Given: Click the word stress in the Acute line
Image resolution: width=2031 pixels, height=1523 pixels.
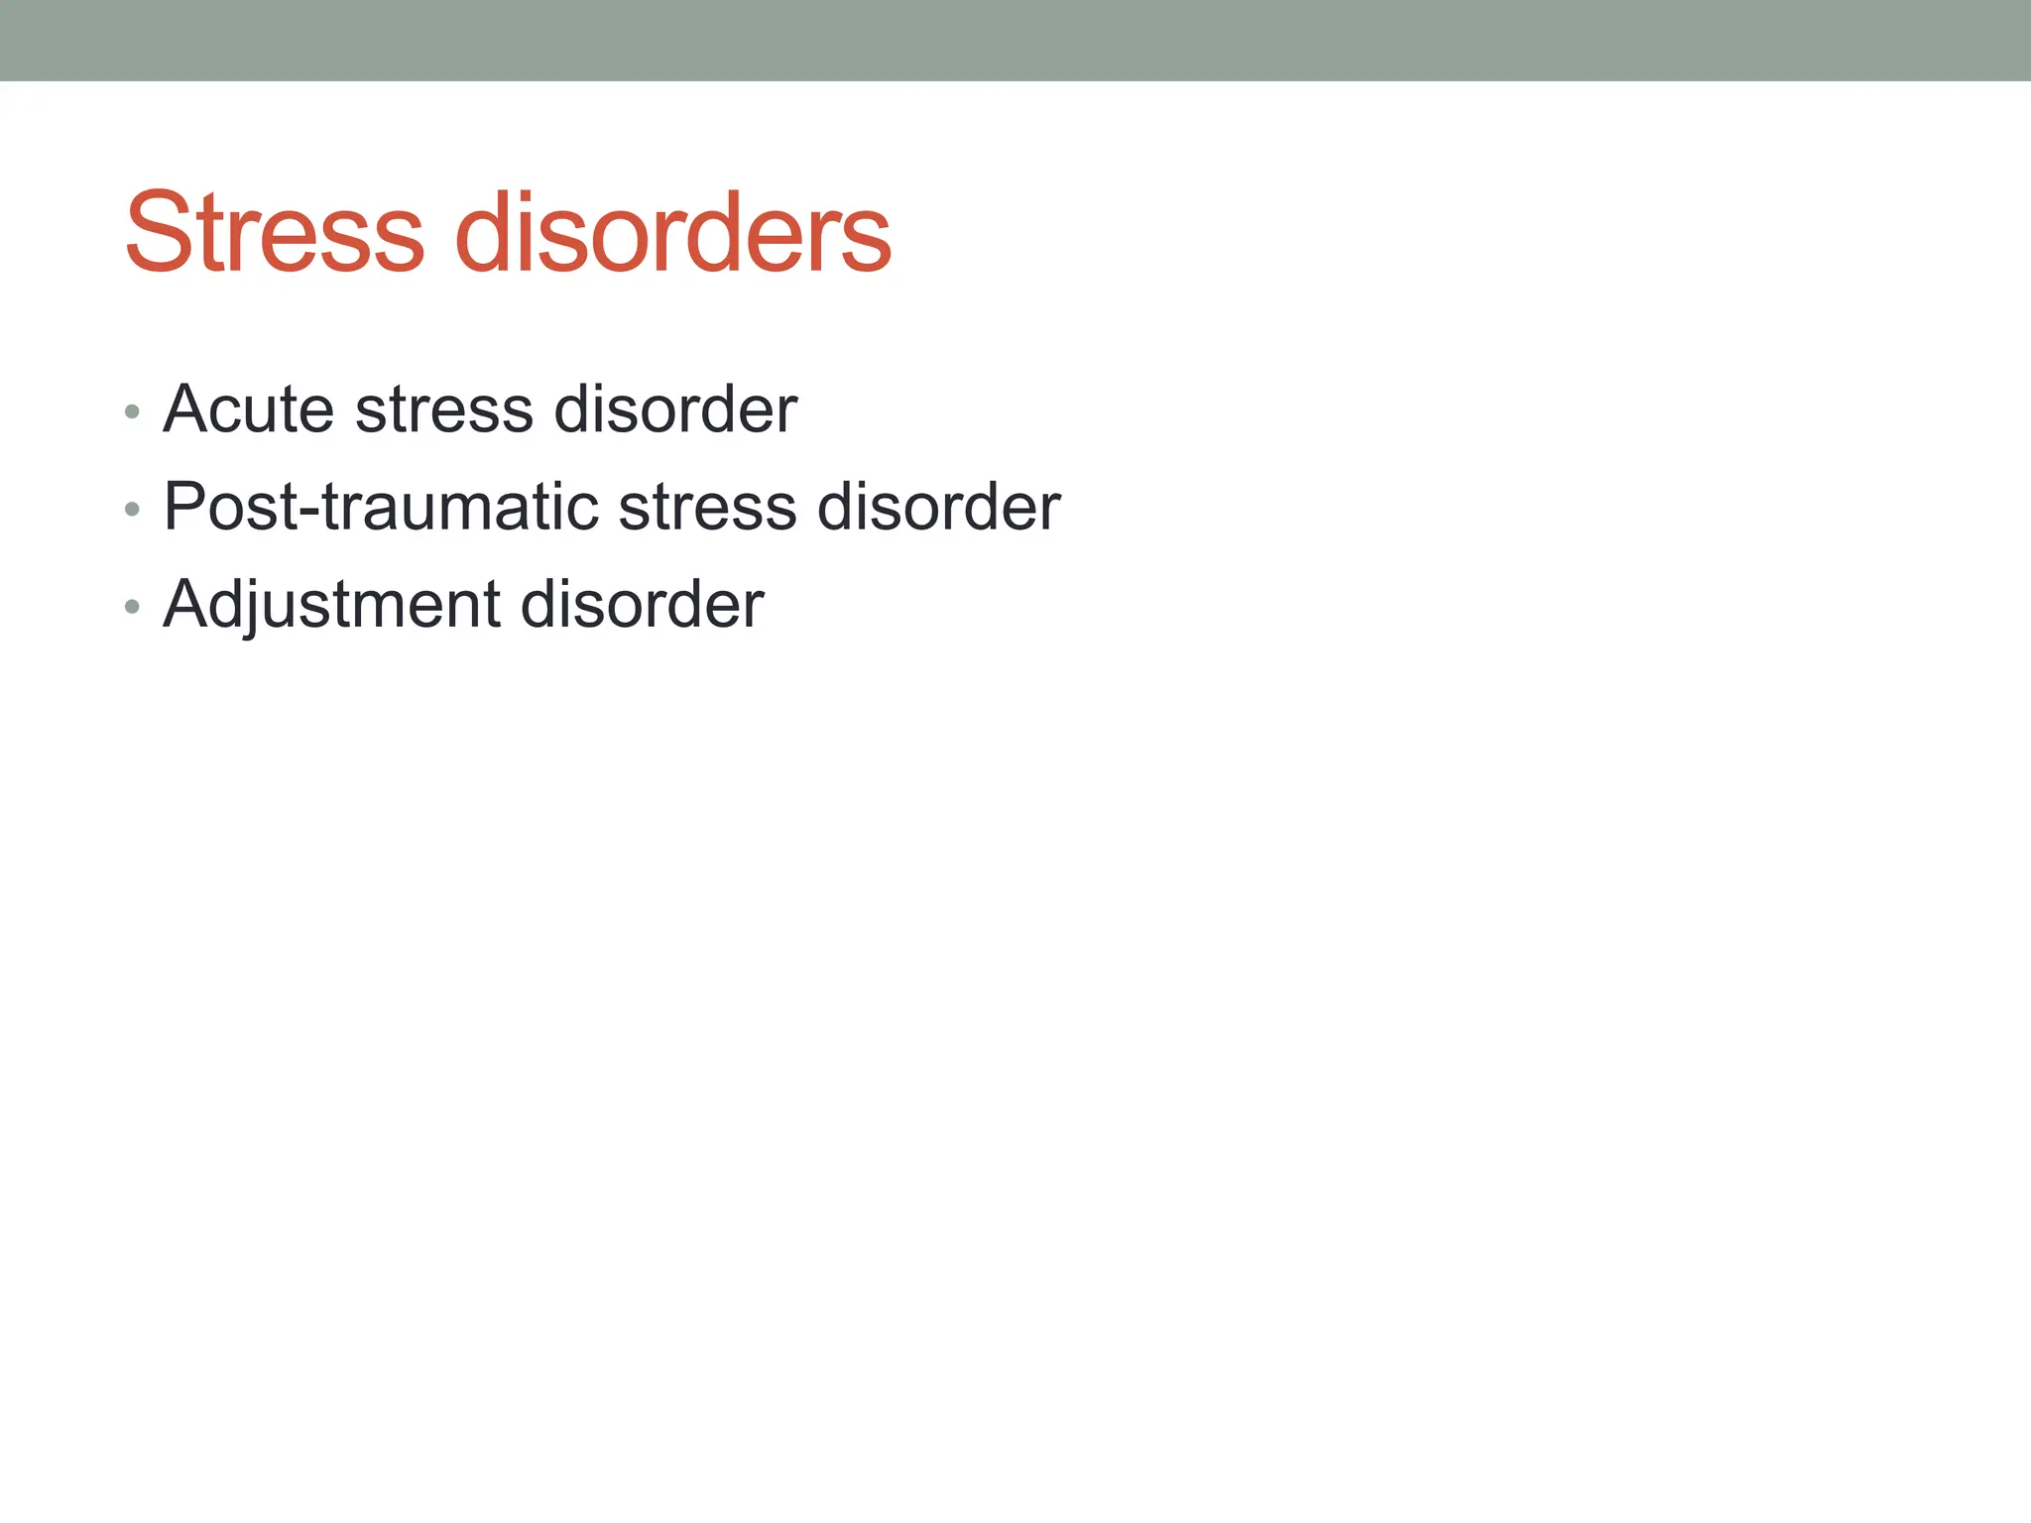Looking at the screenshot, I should coord(444,409).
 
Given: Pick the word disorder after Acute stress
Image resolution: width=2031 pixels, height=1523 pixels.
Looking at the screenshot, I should coord(675,409).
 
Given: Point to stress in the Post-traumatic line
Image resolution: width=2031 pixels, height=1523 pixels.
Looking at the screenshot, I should coord(707,507).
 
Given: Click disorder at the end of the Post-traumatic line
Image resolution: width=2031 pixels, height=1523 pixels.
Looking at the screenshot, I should coord(938,507).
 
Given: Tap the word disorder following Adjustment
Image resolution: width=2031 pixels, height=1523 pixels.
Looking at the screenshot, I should coord(642,604).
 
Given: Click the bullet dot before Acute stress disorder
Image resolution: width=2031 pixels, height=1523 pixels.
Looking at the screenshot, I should coord(132,411).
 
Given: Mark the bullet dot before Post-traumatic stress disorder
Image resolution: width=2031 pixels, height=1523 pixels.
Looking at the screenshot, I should coord(132,510).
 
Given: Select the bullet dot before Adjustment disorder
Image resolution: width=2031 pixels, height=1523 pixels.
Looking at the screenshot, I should coord(132,607).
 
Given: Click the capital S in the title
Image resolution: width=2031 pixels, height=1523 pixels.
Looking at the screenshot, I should coord(159,233).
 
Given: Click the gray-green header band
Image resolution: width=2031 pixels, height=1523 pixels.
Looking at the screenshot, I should coord(1015,40).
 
